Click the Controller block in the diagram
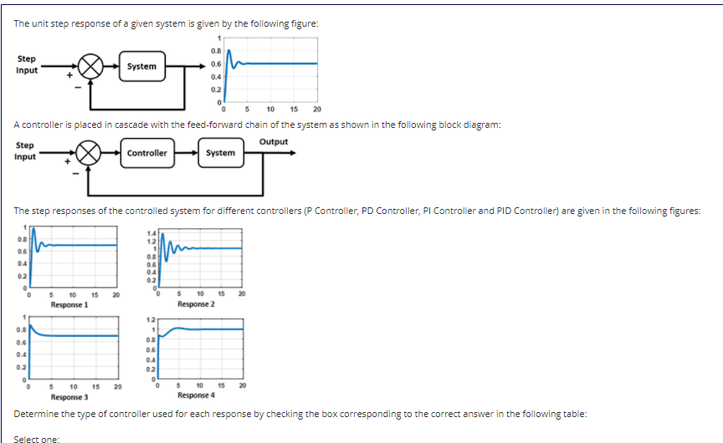coord(147,153)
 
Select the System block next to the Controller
coord(220,153)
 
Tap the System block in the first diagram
coord(142,66)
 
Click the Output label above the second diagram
coord(274,141)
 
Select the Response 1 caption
coord(69,305)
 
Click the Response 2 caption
coord(196,305)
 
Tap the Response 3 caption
coord(69,396)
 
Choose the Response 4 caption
coord(196,395)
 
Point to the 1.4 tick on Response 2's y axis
coord(151,233)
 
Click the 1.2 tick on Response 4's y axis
coord(151,321)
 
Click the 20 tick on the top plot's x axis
coord(317,109)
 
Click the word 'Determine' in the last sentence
coord(34,415)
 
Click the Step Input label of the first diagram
coord(26,64)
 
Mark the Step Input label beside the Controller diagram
coord(26,151)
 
